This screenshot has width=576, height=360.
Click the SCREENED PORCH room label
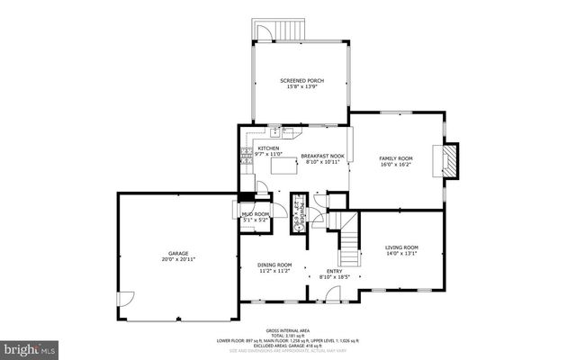(301, 81)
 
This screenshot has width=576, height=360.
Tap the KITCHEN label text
(268, 148)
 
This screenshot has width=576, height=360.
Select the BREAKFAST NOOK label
(322, 156)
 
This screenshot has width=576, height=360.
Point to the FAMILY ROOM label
(395, 157)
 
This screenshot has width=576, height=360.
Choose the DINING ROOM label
(274, 264)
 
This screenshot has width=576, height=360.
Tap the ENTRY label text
(332, 270)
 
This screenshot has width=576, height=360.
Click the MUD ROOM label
(255, 213)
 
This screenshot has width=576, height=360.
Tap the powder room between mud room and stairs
(299, 213)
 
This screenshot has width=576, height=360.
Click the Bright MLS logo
(30, 346)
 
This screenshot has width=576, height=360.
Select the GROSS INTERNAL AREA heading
(288, 330)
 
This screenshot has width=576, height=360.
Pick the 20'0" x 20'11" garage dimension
(178, 260)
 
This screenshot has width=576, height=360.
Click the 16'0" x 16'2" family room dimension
(395, 165)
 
